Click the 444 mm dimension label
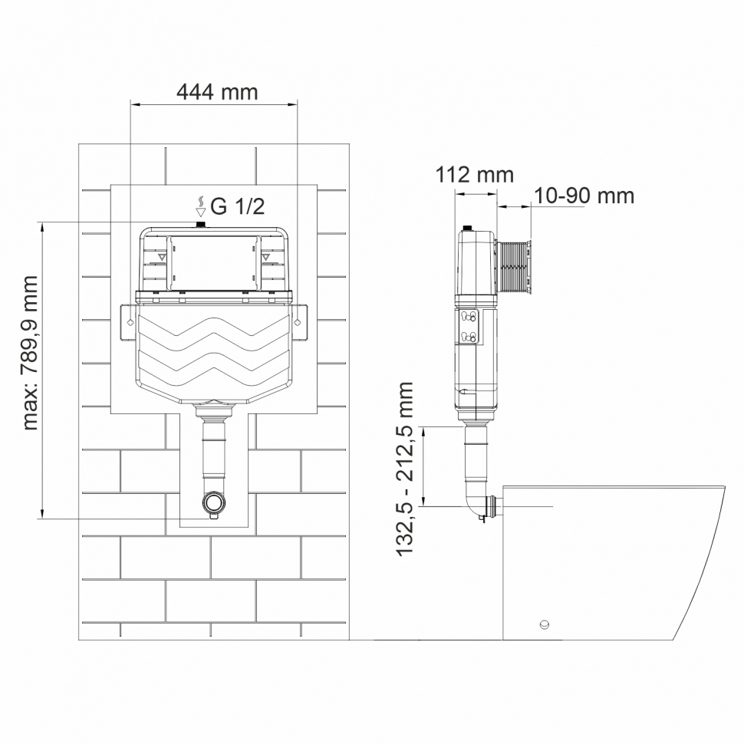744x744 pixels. click(217, 93)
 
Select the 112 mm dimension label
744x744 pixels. click(474, 175)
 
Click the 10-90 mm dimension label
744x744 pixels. click(584, 196)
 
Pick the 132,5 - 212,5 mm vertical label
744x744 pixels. click(407, 468)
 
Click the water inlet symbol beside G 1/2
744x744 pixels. click(200, 206)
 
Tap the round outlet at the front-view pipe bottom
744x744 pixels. click(213, 503)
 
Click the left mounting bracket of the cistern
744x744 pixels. click(126, 321)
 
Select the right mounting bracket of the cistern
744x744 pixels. click(300, 321)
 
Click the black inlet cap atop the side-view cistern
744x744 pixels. click(467, 227)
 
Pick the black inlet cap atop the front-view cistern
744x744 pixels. click(202, 225)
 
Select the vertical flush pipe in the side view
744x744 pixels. click(475, 456)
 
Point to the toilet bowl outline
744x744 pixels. click(614, 560)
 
